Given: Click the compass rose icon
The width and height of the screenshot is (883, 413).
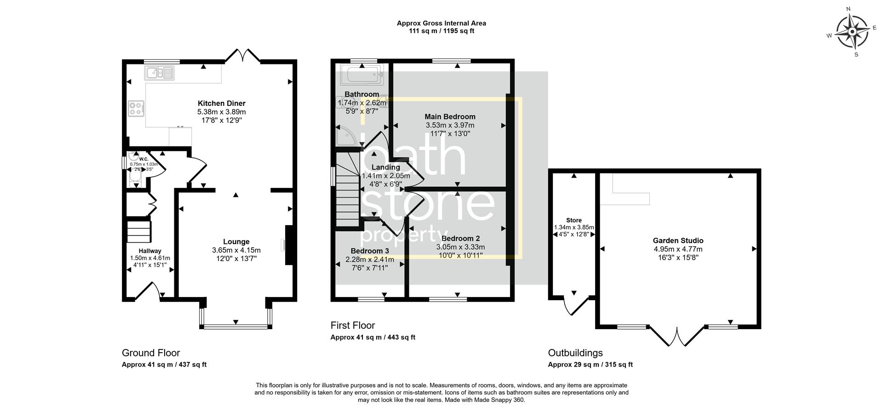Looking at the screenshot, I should coord(852,32).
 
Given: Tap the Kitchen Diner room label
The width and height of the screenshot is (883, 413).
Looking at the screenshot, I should coord(221,103).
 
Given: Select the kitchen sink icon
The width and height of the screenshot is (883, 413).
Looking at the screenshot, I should coord(159,73).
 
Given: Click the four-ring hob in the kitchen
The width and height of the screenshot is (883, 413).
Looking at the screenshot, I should coord(136,108).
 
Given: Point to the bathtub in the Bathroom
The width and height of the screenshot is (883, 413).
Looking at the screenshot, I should coord(361,75).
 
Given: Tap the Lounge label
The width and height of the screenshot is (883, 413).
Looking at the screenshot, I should coord(236,242).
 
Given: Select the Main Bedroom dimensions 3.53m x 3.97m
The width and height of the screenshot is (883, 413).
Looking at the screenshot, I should coord(450,125).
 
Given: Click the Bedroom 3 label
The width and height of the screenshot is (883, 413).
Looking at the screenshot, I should coord(370,251).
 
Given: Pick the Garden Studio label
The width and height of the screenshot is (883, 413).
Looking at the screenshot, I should coord(678,240).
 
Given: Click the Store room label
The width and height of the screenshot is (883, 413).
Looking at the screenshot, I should coord(573,220).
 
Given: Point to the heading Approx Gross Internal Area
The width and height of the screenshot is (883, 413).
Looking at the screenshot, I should coord(441,23).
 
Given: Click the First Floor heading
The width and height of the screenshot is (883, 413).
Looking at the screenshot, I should coord(353,326).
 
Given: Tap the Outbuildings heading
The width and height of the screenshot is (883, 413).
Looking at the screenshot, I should coord(575,353).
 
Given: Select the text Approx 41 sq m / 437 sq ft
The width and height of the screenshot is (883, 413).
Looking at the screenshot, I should coord(164,365).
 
